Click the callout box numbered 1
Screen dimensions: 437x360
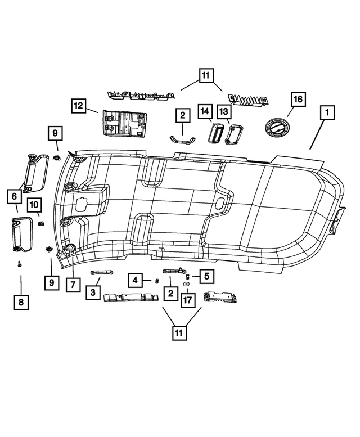[325, 114]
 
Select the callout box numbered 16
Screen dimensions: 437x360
[297, 99]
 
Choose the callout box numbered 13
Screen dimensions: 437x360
[224, 112]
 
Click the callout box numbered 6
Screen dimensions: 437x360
[12, 196]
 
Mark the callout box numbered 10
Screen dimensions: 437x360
[72, 285]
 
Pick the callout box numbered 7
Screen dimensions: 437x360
[21, 303]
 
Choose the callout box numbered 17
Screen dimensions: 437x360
[187, 300]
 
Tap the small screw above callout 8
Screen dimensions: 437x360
[19, 264]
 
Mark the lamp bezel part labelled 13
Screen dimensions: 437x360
[232, 135]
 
